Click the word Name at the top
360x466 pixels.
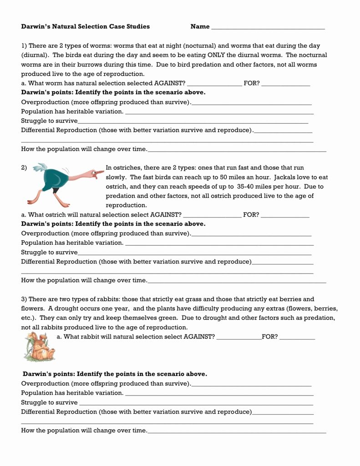coord(200,26)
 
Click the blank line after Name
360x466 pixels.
coord(268,28)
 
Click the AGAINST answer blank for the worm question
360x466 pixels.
coord(214,85)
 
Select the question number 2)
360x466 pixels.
coord(25,167)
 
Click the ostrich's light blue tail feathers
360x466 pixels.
coord(41,168)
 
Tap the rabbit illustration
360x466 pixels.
coord(39,347)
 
